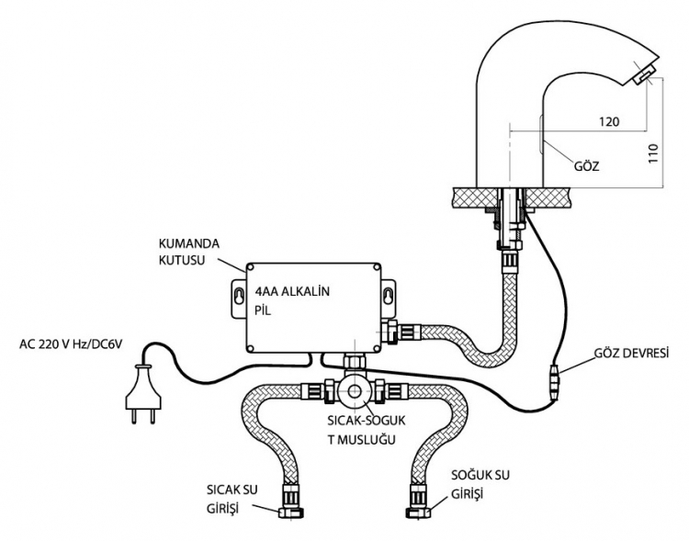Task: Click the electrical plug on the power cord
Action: (x=143, y=394)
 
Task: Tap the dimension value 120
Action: (x=609, y=121)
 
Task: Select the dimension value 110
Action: (x=653, y=153)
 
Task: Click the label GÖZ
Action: (x=587, y=166)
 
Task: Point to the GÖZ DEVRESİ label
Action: (x=631, y=353)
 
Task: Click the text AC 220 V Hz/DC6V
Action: (x=71, y=344)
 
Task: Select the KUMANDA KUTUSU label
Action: (x=189, y=252)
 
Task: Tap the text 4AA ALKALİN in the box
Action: (x=292, y=291)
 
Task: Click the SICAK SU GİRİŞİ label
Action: (x=232, y=499)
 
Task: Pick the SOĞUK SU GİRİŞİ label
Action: (x=480, y=484)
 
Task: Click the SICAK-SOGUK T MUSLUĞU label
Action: (x=367, y=430)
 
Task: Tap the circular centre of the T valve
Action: (x=355, y=390)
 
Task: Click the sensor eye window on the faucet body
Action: (x=539, y=134)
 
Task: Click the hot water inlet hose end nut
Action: (x=292, y=512)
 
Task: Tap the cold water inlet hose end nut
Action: (x=418, y=512)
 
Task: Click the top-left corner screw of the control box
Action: (x=250, y=266)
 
